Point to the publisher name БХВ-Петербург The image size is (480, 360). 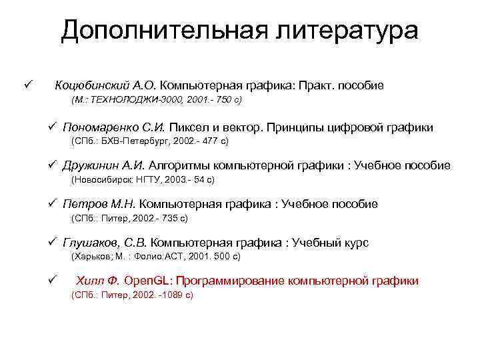(x=130, y=141)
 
